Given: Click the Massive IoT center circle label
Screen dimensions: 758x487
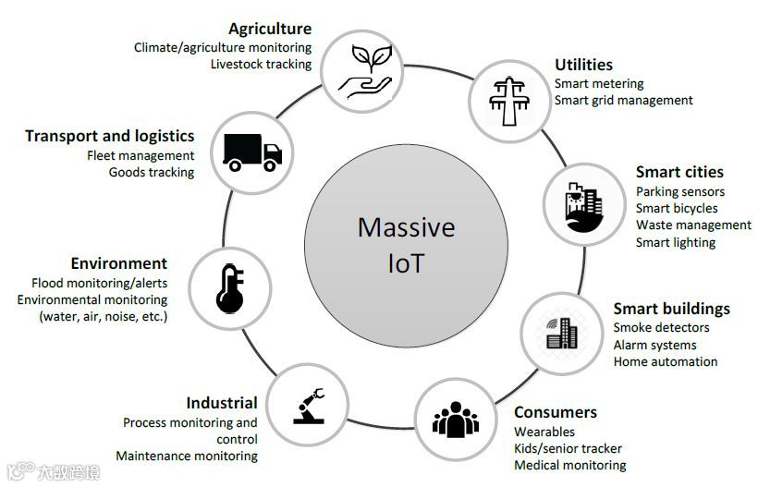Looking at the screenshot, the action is (407, 244).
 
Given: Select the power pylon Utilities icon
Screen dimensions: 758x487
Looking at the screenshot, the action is (507, 98).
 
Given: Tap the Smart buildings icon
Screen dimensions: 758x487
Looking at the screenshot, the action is (561, 332).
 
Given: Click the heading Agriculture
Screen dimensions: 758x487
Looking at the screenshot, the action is (270, 30).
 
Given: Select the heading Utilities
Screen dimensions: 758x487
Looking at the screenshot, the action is (583, 65).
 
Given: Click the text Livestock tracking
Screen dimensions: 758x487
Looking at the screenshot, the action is (261, 64).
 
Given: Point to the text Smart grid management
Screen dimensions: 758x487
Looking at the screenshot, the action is (623, 100).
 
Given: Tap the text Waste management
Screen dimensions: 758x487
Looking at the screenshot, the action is (693, 225).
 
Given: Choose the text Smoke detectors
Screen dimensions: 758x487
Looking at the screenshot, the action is (661, 327).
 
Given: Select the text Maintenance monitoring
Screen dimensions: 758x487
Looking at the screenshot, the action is (187, 456).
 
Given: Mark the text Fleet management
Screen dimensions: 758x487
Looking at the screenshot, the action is (141, 155).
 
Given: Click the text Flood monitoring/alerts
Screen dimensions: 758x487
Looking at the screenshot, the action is (99, 283).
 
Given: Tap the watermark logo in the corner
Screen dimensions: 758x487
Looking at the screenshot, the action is (54, 472).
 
